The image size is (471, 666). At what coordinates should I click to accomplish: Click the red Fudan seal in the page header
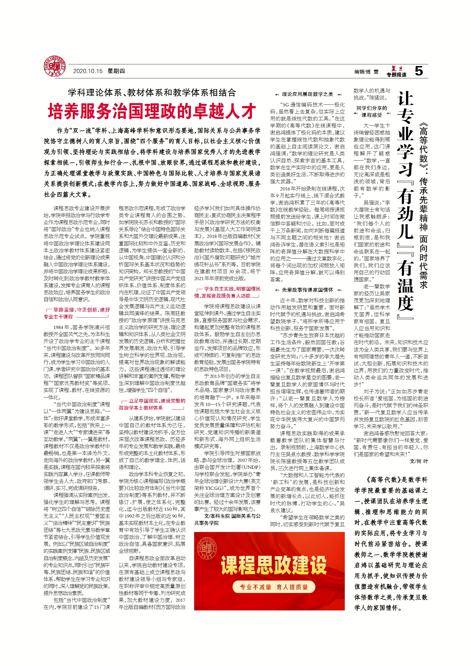click(x=55, y=67)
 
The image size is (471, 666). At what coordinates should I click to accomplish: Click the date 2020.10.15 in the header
click(x=88, y=71)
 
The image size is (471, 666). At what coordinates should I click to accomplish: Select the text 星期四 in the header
click(x=116, y=71)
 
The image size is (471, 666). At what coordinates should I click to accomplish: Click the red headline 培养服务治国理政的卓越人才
click(x=152, y=111)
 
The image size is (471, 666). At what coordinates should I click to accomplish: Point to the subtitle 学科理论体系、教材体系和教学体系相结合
click(x=152, y=93)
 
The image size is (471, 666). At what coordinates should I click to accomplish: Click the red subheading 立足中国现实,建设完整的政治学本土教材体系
click(x=152, y=404)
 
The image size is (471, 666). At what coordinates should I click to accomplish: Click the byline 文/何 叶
click(x=419, y=461)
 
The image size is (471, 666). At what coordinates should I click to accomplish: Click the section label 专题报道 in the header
click(x=396, y=75)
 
